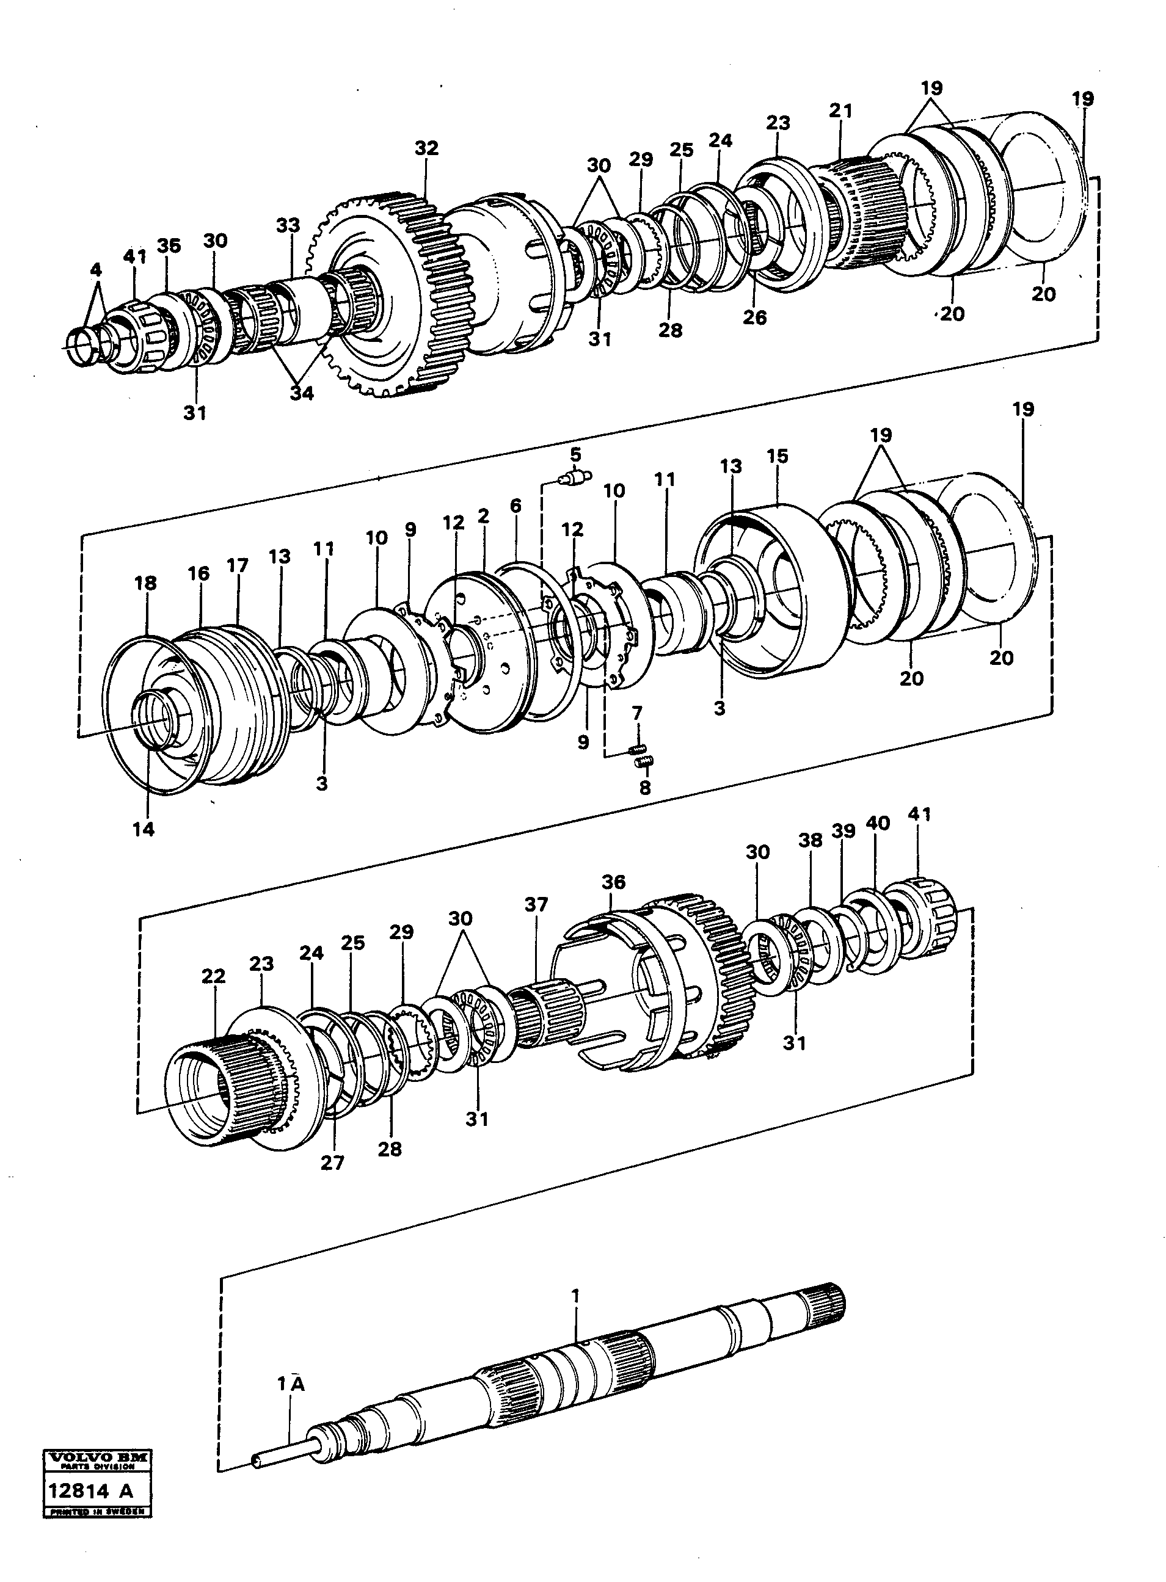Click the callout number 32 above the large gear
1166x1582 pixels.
point(426,148)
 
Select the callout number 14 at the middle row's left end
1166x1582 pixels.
point(144,830)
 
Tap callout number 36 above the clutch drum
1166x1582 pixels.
point(613,882)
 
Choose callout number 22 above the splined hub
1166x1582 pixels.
point(213,976)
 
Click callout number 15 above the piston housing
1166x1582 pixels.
point(777,456)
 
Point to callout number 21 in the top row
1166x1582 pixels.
point(840,111)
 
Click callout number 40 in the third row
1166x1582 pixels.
point(879,823)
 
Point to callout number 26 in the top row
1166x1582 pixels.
point(754,317)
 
